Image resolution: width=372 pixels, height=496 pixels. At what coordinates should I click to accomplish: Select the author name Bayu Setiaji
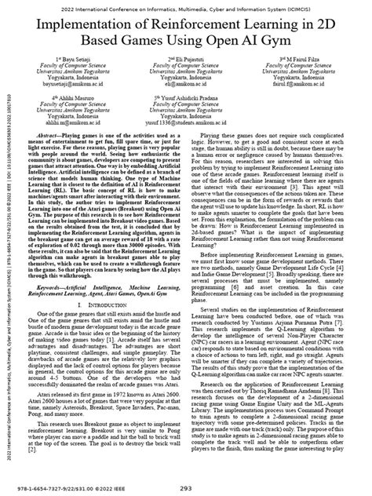click(x=77, y=59)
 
